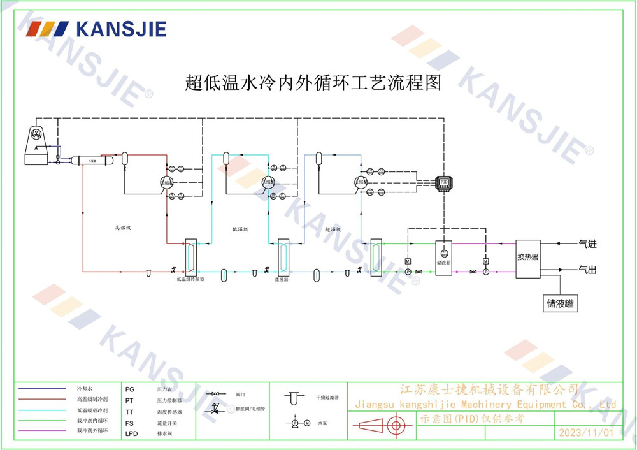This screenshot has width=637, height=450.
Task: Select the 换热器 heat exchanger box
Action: pyautogui.click(x=527, y=257)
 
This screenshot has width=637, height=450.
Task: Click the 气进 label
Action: pyautogui.click(x=587, y=243)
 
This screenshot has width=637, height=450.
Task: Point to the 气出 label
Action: pyautogui.click(x=587, y=270)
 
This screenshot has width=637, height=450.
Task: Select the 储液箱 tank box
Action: pyautogui.click(x=444, y=258)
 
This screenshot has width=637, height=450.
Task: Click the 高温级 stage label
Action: pyautogui.click(x=123, y=228)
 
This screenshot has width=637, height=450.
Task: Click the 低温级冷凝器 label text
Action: pyautogui.click(x=190, y=279)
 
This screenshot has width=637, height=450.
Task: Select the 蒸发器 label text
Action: pyautogui.click(x=282, y=279)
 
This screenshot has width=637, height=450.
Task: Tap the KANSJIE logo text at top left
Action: pyautogui.click(x=120, y=29)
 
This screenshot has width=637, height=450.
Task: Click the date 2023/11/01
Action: pyautogui.click(x=585, y=433)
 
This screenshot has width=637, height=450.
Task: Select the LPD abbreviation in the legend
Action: pyautogui.click(x=131, y=433)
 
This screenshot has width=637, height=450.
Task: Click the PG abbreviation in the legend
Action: pyautogui.click(x=130, y=388)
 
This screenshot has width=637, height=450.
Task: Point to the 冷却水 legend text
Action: pyautogui.click(x=85, y=388)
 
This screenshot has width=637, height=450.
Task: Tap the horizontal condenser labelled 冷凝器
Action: pyautogui.click(x=92, y=161)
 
